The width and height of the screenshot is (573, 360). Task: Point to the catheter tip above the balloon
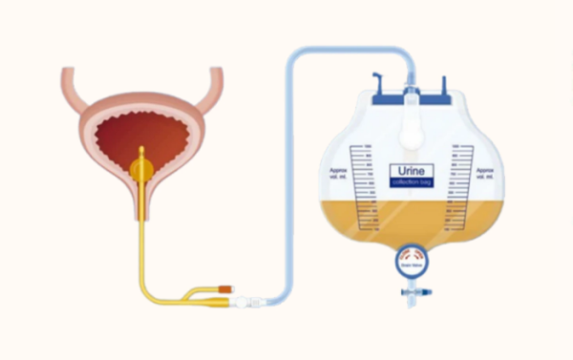pyautogui.click(x=142, y=151)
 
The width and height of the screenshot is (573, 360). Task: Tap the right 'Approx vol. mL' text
pyautogui.click(x=487, y=175)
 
